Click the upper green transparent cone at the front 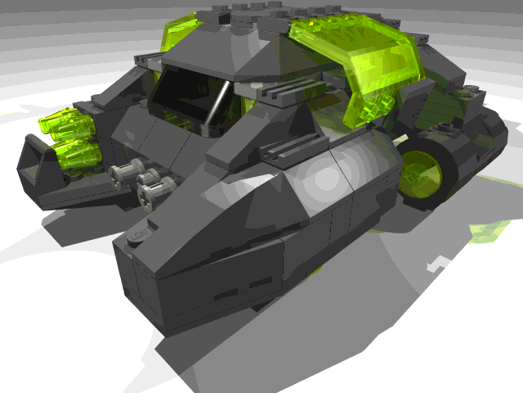(60, 125)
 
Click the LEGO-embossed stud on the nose (141, 235)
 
